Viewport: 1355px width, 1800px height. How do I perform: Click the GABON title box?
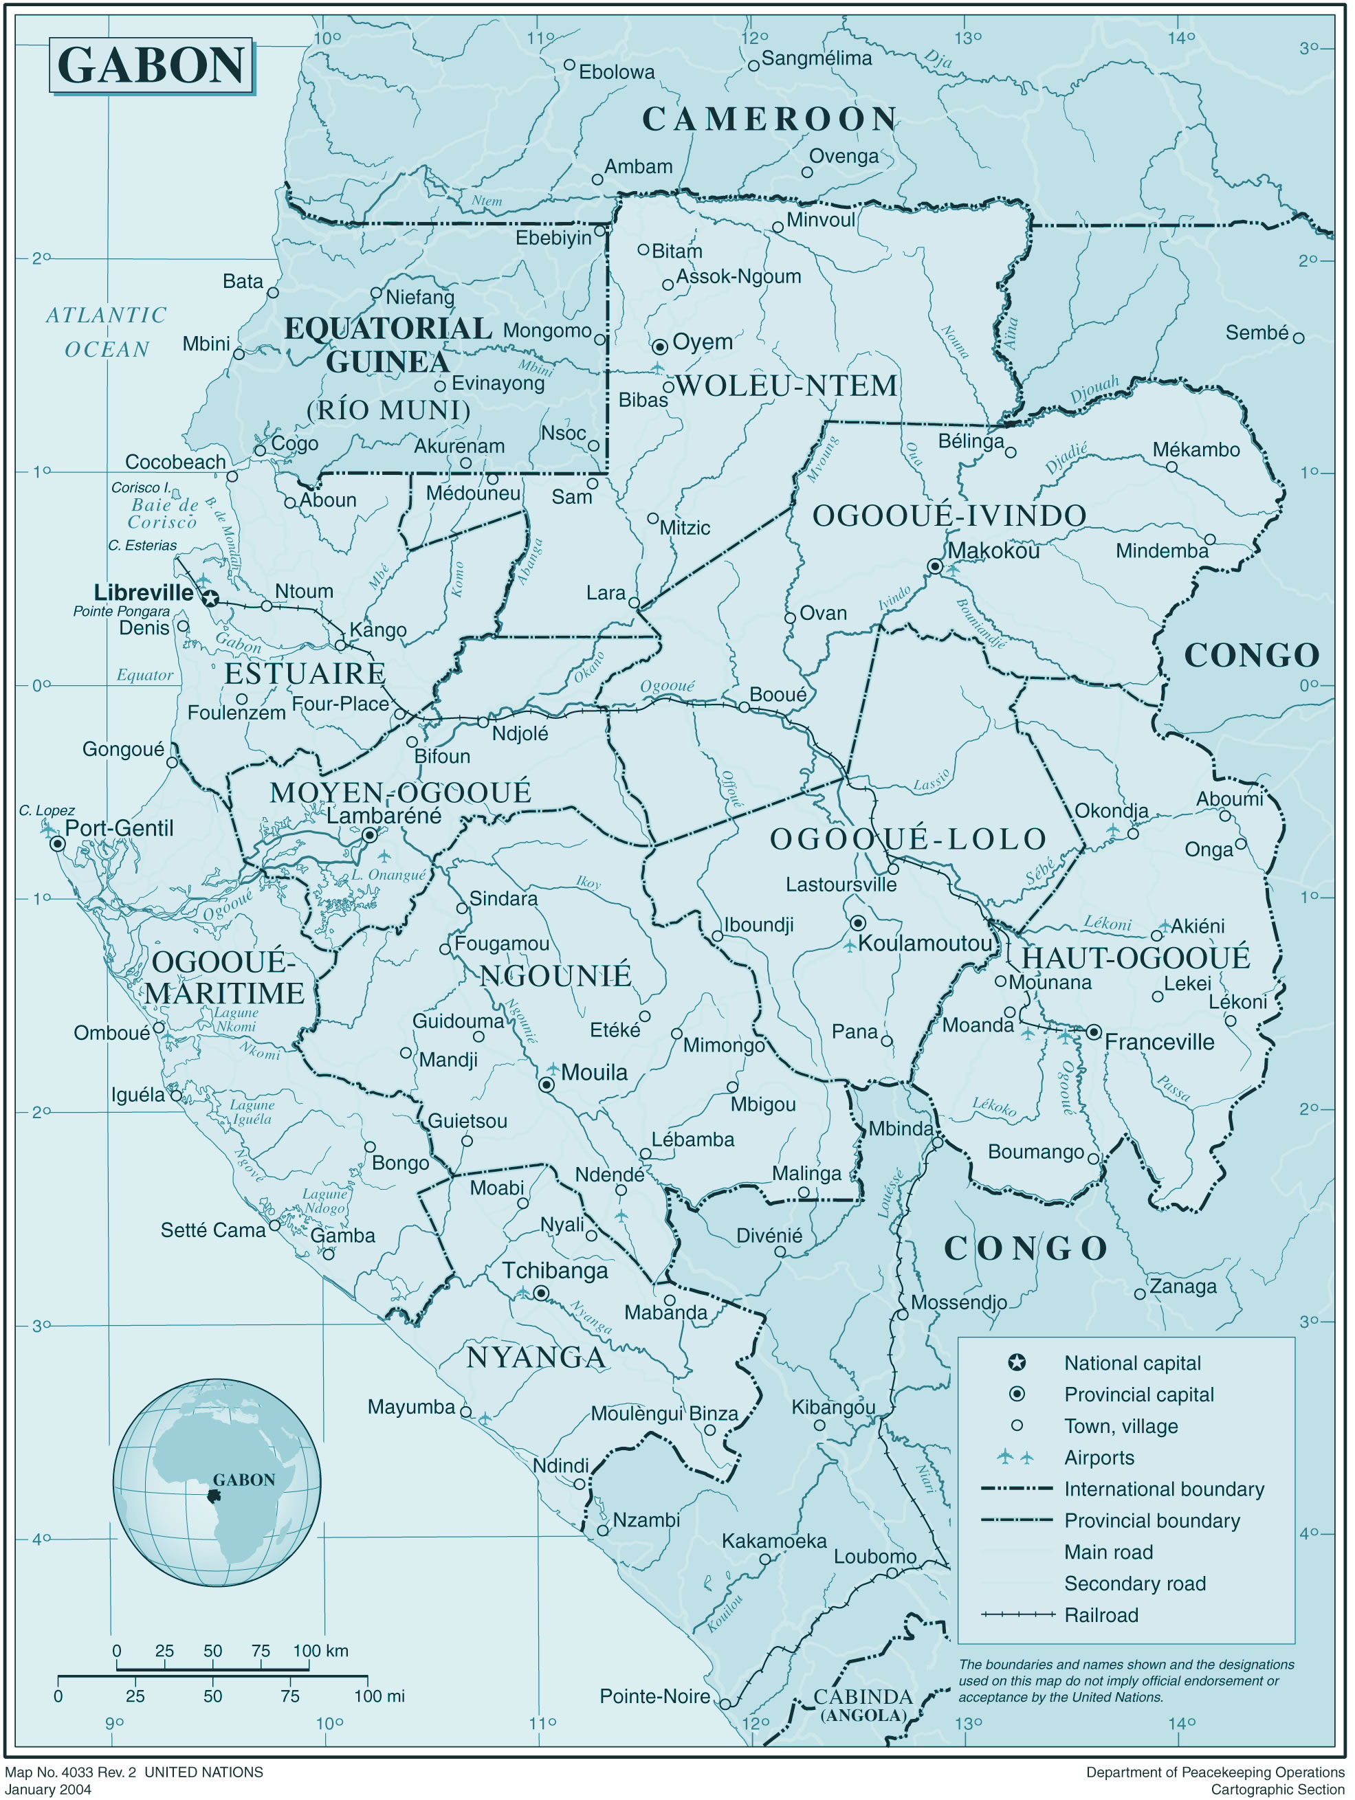pyautogui.click(x=151, y=65)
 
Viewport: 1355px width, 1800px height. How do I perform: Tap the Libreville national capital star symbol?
pyautogui.click(x=211, y=599)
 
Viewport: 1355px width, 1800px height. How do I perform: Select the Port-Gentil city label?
pyautogui.click(x=119, y=828)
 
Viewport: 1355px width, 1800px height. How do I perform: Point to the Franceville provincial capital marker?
pyautogui.click(x=1094, y=1032)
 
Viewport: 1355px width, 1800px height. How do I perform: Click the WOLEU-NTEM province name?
pyautogui.click(x=787, y=386)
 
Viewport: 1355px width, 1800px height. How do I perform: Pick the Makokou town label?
pyautogui.click(x=993, y=551)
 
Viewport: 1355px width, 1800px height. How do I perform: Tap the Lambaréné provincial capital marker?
pyautogui.click(x=369, y=835)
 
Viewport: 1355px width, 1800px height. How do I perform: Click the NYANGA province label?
pyautogui.click(x=536, y=1357)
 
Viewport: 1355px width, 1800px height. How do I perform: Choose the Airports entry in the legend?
pyautogui.click(x=1099, y=1458)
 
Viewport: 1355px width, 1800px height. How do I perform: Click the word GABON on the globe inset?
pyautogui.click(x=243, y=1480)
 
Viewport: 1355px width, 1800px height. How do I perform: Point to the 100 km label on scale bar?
pyautogui.click(x=320, y=1651)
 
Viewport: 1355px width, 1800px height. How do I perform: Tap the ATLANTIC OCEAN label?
pyautogui.click(x=107, y=332)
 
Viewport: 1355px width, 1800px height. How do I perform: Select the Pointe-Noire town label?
pyautogui.click(x=654, y=1697)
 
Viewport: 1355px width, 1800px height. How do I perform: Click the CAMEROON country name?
pyautogui.click(x=770, y=120)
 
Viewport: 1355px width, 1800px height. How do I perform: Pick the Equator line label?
pyautogui.click(x=145, y=675)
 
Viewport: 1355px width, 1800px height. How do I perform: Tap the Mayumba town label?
pyautogui.click(x=411, y=1407)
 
